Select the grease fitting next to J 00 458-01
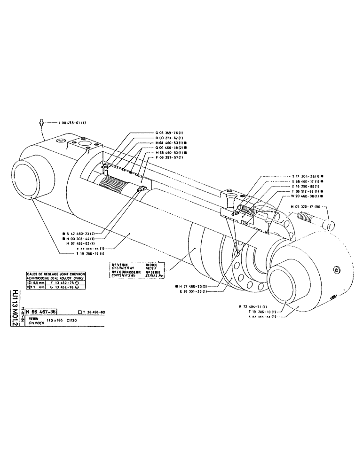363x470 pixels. coord(42,123)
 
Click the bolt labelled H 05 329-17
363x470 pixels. coord(315,219)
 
